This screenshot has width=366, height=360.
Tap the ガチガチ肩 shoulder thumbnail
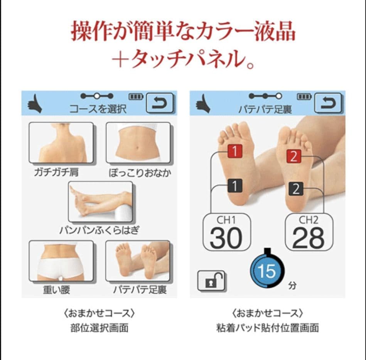click(x=61, y=143)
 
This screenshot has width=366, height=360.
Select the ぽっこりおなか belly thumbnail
click(x=138, y=143)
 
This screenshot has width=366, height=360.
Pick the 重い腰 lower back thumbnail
click(x=61, y=261)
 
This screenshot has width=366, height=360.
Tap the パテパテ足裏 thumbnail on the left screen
click(x=138, y=261)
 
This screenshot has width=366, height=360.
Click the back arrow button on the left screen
click(x=160, y=103)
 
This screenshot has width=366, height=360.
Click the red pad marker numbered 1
click(x=234, y=151)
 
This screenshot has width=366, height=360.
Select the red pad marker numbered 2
click(x=294, y=156)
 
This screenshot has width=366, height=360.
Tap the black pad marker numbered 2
click(x=296, y=189)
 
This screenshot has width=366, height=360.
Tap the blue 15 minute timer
click(x=267, y=271)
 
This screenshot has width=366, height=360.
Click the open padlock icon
click(x=211, y=280)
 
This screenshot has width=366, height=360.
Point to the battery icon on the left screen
click(x=135, y=96)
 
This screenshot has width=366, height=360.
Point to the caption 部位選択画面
click(x=99, y=328)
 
